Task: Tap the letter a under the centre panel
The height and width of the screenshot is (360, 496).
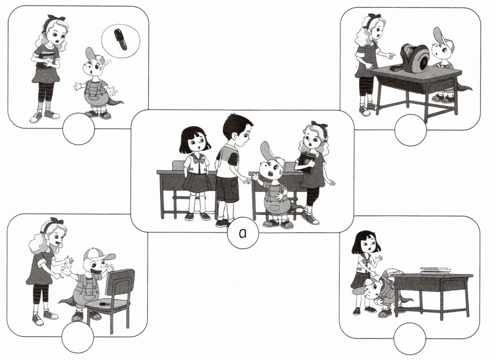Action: [x=243, y=233]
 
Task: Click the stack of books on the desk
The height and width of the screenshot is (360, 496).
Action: [x=435, y=270]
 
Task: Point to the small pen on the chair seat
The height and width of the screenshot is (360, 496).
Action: [x=103, y=304]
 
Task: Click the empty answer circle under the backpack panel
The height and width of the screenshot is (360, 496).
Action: [x=410, y=130]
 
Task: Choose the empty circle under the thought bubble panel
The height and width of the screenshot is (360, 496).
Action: [x=78, y=129]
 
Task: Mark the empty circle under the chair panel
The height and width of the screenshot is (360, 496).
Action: [x=78, y=337]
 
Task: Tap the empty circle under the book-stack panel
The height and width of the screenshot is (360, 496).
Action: [x=410, y=339]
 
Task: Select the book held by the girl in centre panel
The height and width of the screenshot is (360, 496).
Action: [x=306, y=162]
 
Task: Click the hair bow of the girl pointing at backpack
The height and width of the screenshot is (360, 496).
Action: [x=375, y=16]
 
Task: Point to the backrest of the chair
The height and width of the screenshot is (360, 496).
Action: [x=120, y=282]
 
